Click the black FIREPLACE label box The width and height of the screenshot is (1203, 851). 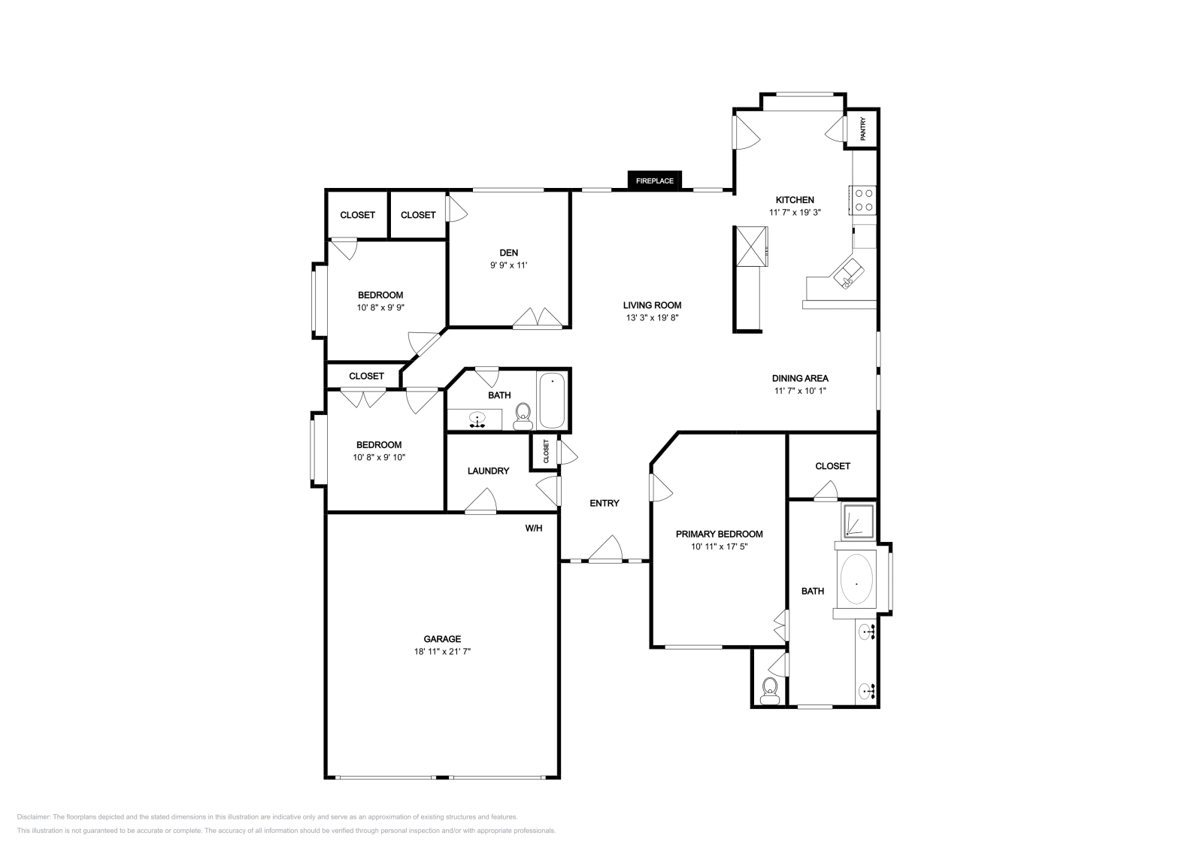click(655, 180)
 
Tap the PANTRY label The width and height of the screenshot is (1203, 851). click(863, 129)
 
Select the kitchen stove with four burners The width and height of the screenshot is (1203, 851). click(863, 200)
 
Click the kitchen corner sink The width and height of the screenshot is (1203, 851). click(849, 274)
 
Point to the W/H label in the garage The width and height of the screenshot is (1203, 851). click(533, 528)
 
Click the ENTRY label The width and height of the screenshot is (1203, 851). click(605, 503)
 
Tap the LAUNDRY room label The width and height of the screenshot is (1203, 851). click(488, 471)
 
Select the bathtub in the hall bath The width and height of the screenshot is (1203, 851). click(552, 400)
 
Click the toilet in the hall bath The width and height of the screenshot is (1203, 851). click(523, 416)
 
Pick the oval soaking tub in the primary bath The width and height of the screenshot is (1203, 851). click(856, 580)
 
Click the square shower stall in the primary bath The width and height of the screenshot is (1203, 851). click(858, 521)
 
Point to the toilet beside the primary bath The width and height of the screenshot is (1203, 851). click(770, 690)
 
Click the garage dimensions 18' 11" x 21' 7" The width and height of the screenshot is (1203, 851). click(442, 651)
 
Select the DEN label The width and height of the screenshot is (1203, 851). click(508, 253)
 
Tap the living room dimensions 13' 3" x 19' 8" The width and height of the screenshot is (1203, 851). click(652, 317)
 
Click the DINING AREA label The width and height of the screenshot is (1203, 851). click(800, 378)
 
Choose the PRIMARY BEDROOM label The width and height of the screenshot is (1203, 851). click(719, 534)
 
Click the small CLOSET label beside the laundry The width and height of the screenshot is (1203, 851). click(546, 451)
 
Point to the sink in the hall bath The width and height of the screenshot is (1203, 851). click(477, 419)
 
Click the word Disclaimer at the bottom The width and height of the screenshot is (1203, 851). click(33, 816)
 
